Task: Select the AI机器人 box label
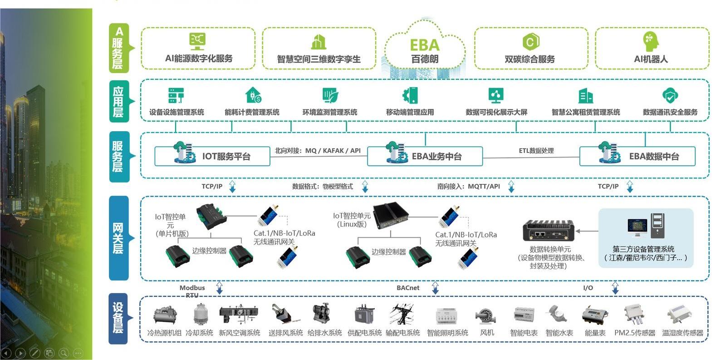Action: click(651, 59)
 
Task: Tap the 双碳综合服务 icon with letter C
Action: click(530, 42)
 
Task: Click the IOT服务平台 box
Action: click(212, 156)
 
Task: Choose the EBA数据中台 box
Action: click(638, 156)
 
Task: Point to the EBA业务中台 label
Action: click(437, 157)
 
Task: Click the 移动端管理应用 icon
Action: click(410, 96)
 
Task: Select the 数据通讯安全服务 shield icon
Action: click(670, 96)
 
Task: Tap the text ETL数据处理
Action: click(536, 151)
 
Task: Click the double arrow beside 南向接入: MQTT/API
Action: click(511, 187)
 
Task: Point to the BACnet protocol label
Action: click(408, 288)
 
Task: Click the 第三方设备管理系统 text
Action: click(643, 249)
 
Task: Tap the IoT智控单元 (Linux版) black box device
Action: click(390, 215)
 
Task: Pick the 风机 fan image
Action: click(486, 315)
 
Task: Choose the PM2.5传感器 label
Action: click(635, 333)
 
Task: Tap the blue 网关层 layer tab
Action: click(118, 238)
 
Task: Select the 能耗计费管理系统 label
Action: click(252, 112)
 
